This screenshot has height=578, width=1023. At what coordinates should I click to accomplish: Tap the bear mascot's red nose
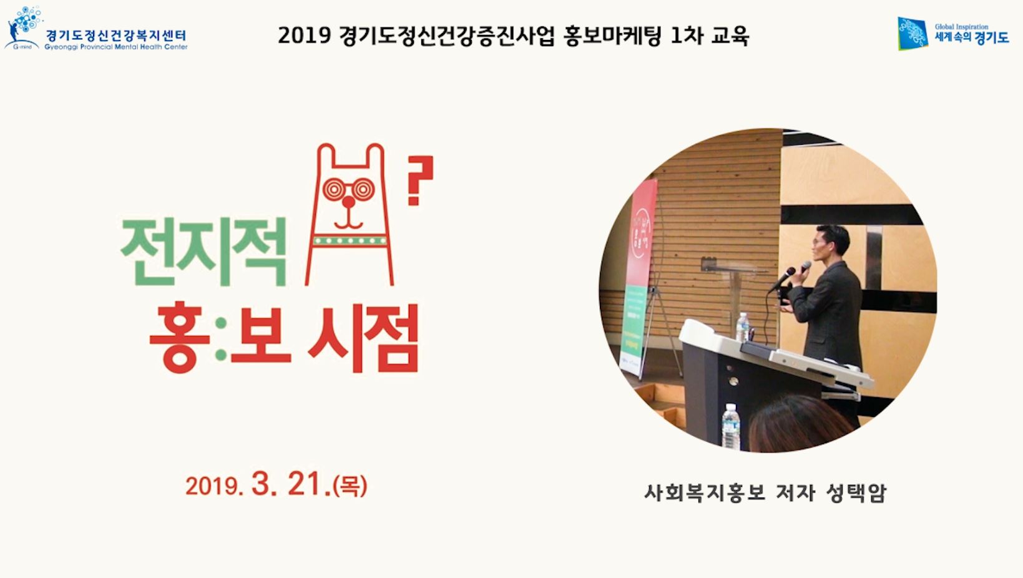pos(348,202)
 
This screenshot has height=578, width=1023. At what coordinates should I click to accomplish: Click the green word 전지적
pos(203,252)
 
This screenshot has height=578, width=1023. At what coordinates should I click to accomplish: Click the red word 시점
pos(363,338)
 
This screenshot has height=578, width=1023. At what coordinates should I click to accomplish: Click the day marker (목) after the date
pos(350,486)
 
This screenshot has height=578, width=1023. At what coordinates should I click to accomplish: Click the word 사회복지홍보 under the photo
pos(705,493)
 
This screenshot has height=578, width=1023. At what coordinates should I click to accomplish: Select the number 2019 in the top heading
pos(304,36)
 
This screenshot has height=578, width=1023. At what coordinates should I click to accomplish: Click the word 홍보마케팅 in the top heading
pos(612,36)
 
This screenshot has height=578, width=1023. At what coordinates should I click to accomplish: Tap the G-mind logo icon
pos(24,27)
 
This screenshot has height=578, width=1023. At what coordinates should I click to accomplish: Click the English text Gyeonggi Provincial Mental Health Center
pos(116,47)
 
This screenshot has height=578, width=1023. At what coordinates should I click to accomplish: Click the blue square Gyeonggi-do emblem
pos(913,33)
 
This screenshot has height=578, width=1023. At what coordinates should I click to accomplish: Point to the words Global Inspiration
pos(961,26)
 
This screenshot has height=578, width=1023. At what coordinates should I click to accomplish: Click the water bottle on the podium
pos(743,327)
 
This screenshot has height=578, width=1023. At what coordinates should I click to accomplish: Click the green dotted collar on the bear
pos(350,240)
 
